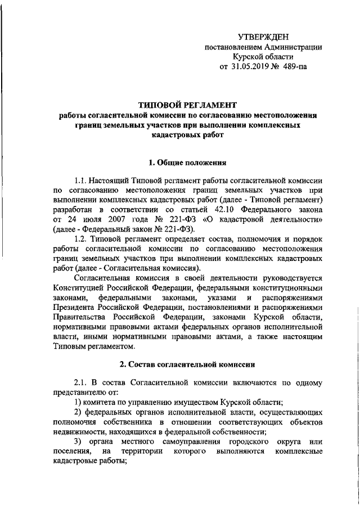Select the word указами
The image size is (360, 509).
tap(209, 297)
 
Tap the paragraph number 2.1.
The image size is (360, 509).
tap(82, 382)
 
